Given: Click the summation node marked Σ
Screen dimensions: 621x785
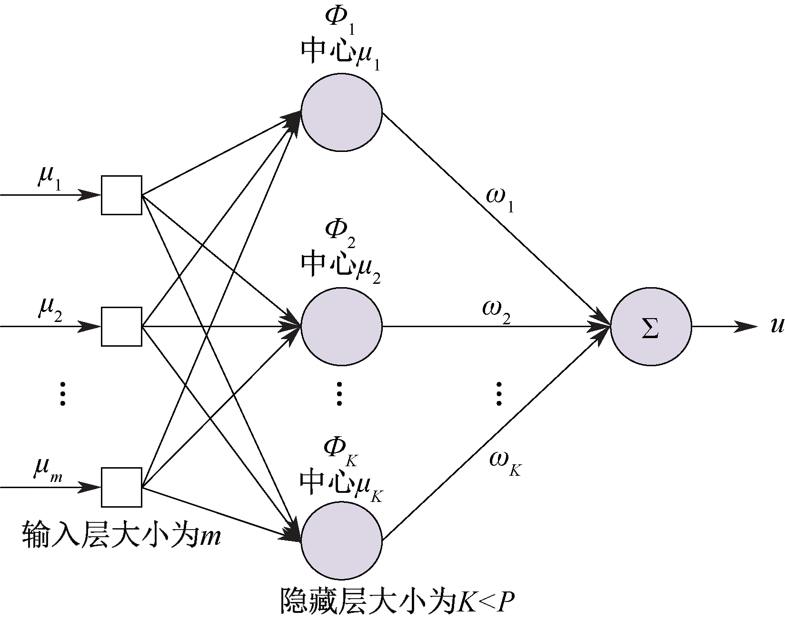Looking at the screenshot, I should coord(651,327).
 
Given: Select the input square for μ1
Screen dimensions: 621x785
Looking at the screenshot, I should coord(121,195).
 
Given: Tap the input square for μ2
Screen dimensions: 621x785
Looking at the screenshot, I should coord(121,327).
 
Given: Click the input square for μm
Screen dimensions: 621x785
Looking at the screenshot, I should coord(121,487).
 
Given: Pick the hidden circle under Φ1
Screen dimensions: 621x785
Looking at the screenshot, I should coord(341,112).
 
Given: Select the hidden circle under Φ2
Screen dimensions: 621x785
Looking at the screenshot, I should coord(341,327).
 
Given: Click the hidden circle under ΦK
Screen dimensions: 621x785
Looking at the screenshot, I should coord(341,541).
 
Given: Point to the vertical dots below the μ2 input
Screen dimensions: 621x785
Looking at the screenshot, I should coord(62,393).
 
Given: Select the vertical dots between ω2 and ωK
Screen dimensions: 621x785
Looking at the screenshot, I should coord(498,393).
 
